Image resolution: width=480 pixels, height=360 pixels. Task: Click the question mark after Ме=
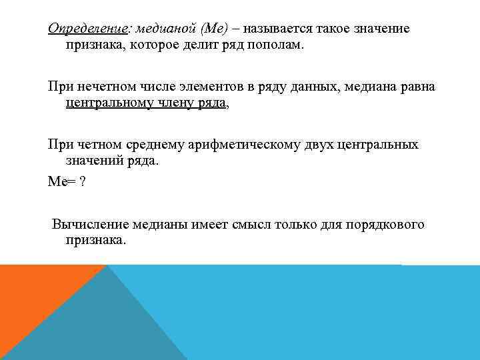(x=82, y=183)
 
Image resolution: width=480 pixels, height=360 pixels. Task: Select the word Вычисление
(x=90, y=225)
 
